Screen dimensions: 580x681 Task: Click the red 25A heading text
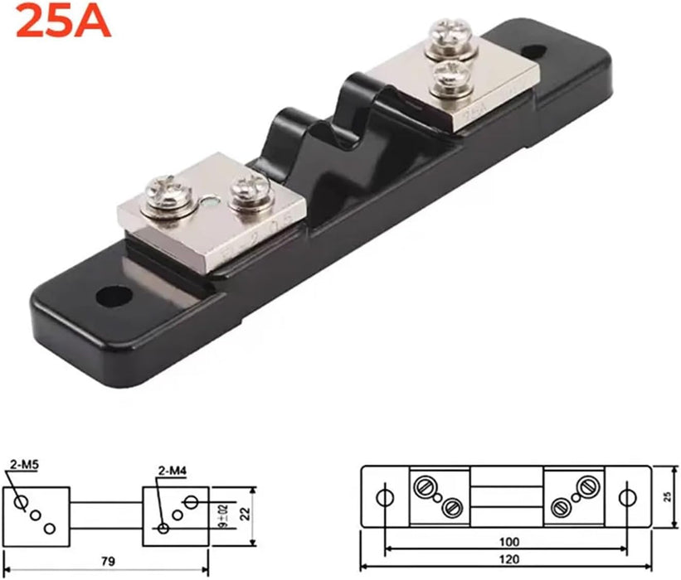63,22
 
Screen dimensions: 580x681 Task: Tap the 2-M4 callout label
171,472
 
